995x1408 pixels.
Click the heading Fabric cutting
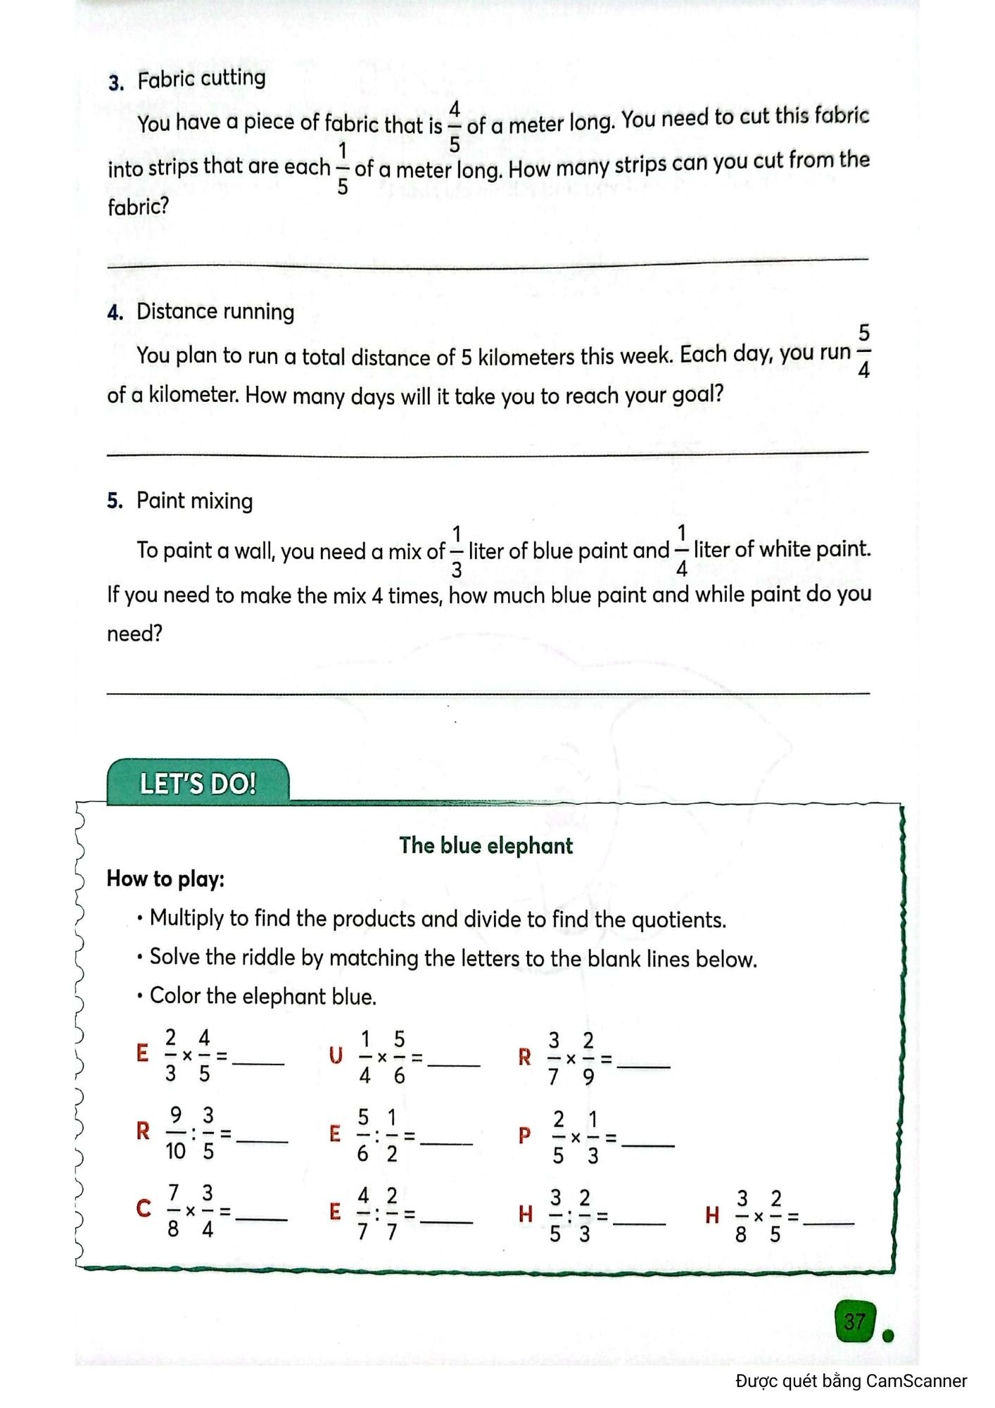pyautogui.click(x=201, y=79)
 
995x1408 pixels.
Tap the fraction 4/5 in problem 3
pyautogui.click(x=455, y=126)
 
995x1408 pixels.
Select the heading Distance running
pyautogui.click(x=215, y=311)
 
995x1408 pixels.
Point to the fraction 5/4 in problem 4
pyautogui.click(x=863, y=351)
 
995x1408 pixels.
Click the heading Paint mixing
pyautogui.click(x=194, y=501)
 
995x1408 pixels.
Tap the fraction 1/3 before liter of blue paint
pyautogui.click(x=457, y=551)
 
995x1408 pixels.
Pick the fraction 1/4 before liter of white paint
pyautogui.click(x=681, y=550)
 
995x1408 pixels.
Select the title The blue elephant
pyautogui.click(x=486, y=846)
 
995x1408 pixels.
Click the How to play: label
pyautogui.click(x=165, y=879)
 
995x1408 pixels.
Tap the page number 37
pyautogui.click(x=854, y=1321)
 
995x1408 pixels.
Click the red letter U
pyautogui.click(x=336, y=1056)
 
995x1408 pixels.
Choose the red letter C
pyautogui.click(x=144, y=1209)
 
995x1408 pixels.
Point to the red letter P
pyautogui.click(x=524, y=1136)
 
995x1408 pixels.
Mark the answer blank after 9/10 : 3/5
pyautogui.click(x=262, y=1140)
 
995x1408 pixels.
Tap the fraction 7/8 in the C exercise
pyautogui.click(x=173, y=1210)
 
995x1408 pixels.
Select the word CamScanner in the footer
pyautogui.click(x=916, y=1381)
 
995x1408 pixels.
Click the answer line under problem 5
pyautogui.click(x=488, y=693)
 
